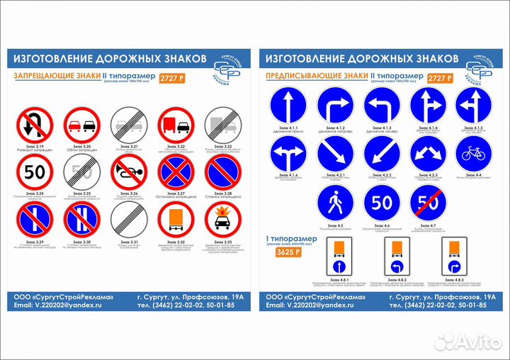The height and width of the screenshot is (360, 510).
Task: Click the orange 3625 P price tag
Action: click(x=288, y=252)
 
